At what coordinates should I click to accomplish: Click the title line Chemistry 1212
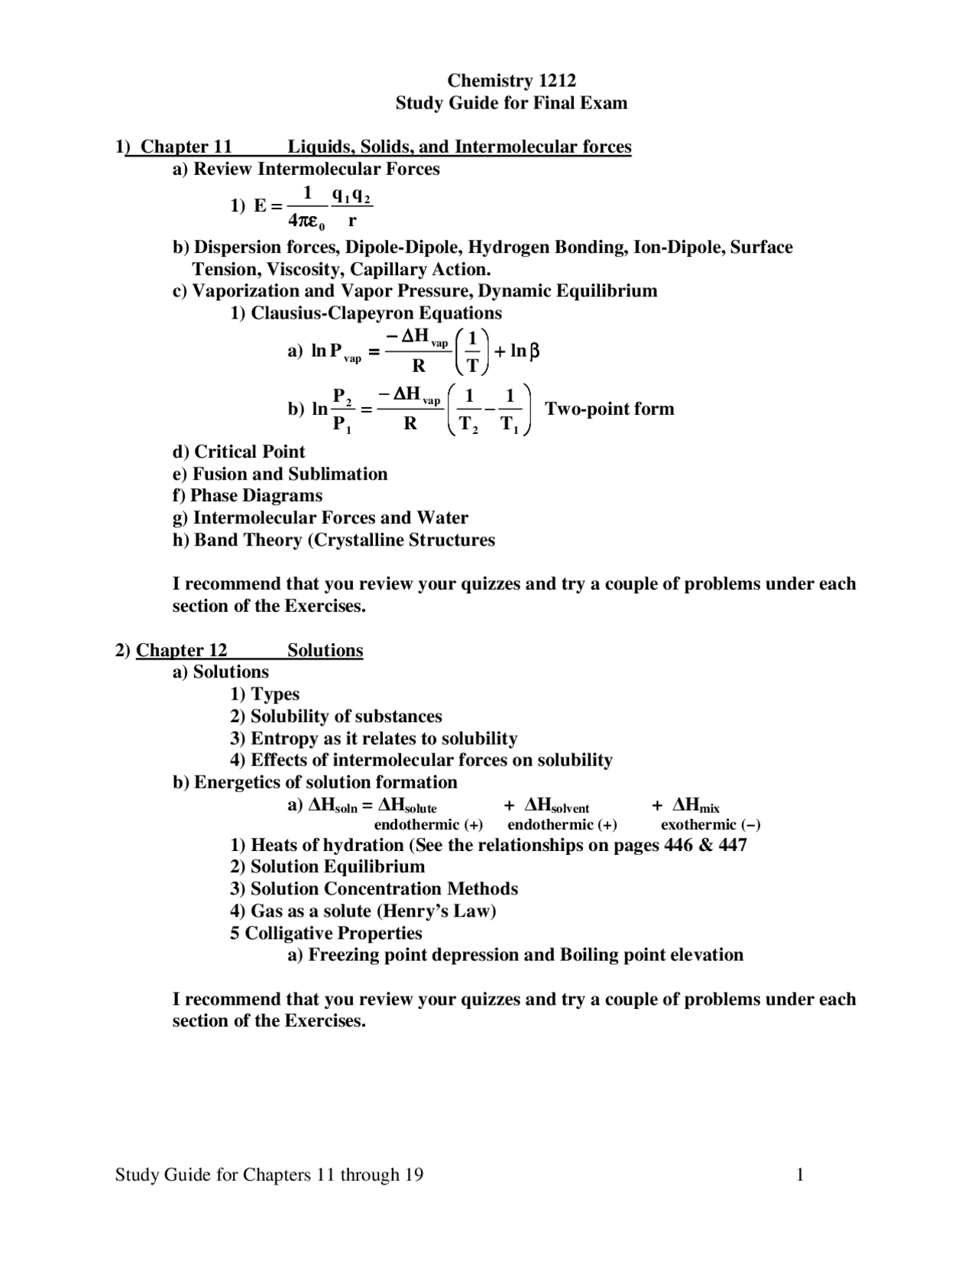[x=511, y=81]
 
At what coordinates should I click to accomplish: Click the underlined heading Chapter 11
[x=186, y=147]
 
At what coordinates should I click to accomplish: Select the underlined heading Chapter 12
[x=181, y=650]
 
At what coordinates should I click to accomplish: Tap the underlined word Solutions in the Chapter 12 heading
[x=325, y=650]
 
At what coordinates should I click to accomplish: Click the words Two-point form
[x=609, y=409]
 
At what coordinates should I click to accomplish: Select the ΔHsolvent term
[x=556, y=805]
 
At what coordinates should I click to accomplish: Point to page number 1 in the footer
[x=800, y=1175]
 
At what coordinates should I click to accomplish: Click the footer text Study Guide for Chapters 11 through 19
[x=269, y=1175]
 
